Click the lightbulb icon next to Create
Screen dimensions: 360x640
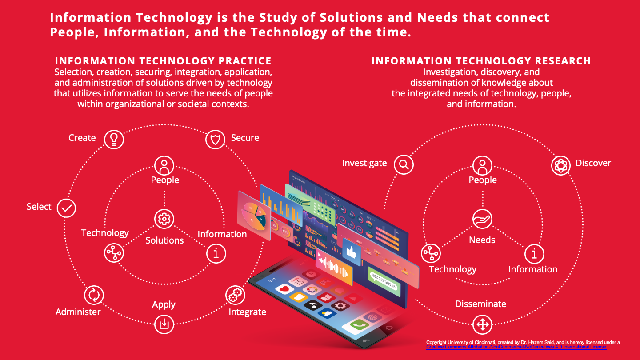point(114,139)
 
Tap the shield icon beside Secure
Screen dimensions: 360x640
point(215,140)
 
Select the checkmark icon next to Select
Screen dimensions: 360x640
point(67,208)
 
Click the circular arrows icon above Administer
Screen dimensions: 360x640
point(94,295)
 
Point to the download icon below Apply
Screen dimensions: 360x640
point(164,324)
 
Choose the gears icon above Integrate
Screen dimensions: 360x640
point(235,295)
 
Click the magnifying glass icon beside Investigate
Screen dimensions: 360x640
point(404,164)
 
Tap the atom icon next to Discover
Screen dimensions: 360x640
point(560,166)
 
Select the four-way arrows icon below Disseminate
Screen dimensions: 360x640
point(482,324)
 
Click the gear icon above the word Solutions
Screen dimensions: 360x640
point(164,219)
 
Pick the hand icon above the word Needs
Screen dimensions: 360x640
point(482,219)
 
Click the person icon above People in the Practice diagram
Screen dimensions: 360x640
point(164,165)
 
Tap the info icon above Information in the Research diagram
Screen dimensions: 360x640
point(534,254)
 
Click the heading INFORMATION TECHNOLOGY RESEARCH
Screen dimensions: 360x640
point(481,61)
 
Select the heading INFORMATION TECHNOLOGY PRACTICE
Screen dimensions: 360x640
point(163,61)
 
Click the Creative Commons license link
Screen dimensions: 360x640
point(516,347)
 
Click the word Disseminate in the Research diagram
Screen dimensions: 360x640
point(480,304)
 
